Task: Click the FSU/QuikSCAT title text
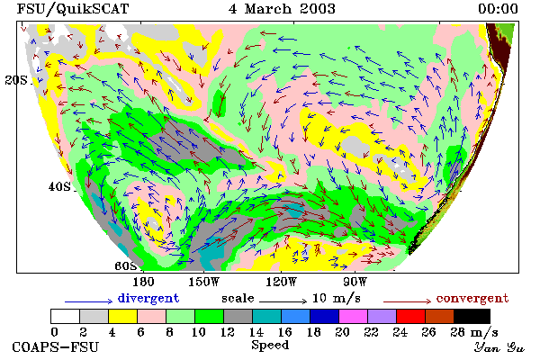tap(73, 9)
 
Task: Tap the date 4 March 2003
tap(282, 9)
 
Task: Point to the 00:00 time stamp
tap(498, 9)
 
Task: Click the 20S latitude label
tap(16, 80)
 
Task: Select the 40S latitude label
tap(59, 186)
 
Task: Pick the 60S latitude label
tap(126, 266)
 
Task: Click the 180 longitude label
tap(143, 282)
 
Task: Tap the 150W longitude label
tap(204, 282)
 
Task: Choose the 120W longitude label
tap(281, 282)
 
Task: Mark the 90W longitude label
tap(355, 282)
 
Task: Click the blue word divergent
tap(148, 298)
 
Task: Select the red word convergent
tap(472, 298)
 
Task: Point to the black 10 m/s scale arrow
tap(283, 301)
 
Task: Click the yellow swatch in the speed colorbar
tap(123, 316)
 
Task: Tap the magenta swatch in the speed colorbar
tap(354, 316)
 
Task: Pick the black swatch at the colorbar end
tap(472, 316)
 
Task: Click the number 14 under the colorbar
tap(256, 332)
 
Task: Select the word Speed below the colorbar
tap(270, 346)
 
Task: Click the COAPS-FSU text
tap(56, 346)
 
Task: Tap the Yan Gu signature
tap(499, 347)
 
